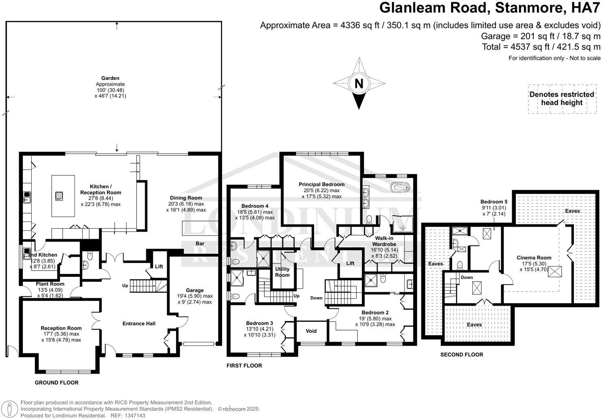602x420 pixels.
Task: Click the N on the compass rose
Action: pos(359,83)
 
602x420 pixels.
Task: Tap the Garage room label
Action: pos(195,291)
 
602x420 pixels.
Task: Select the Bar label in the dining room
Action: pos(200,243)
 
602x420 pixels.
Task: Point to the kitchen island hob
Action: pos(59,196)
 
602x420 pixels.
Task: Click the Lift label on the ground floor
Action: pos(159,266)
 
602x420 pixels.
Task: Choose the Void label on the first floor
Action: pos(311,331)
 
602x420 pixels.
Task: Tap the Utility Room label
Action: pos(282,272)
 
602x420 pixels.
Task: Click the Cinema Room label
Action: pos(534,258)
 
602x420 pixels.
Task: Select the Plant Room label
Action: pos(50,284)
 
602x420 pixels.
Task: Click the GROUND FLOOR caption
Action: pos(57,383)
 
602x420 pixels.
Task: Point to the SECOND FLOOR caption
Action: pos(462,354)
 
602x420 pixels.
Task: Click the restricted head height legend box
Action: pos(561,99)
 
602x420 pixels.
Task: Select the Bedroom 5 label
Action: pos(494,201)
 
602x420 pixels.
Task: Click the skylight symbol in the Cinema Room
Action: pos(554,271)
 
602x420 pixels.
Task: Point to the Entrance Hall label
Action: pos(139,324)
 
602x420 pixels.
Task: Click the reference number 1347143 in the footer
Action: pos(133,416)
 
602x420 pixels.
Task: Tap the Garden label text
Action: pos(110,78)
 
